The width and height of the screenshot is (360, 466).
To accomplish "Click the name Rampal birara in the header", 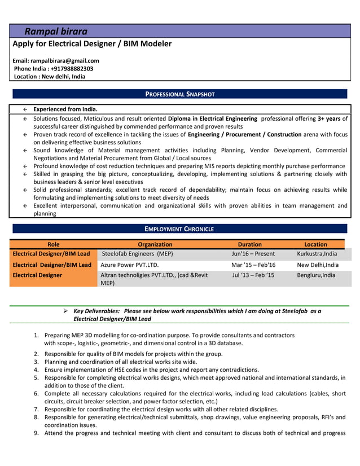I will (55, 32).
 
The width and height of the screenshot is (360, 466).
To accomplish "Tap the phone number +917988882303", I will (68, 68).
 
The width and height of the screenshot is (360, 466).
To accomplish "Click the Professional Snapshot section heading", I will (180, 94).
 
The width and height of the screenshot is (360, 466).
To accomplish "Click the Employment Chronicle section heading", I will (179, 229).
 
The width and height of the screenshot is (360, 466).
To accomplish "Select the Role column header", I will (54, 244).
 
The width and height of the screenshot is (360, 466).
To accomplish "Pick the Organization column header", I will (155, 244).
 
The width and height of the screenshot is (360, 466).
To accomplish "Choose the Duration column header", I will (249, 244).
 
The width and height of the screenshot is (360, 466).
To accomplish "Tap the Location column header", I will (315, 244).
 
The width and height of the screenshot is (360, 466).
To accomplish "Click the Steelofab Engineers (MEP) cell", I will (137, 254).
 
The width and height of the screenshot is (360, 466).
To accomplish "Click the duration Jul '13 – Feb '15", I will (253, 275).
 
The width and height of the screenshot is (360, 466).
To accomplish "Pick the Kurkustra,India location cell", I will (317, 254).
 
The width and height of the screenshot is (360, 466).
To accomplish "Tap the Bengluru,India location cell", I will (316, 275).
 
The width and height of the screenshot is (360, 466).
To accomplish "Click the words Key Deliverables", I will (96, 311).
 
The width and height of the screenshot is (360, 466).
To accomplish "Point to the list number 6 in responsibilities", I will (36, 393).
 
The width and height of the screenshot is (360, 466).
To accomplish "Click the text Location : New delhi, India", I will (50, 76).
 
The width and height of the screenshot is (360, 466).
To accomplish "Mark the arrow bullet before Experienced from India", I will (25, 109).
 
